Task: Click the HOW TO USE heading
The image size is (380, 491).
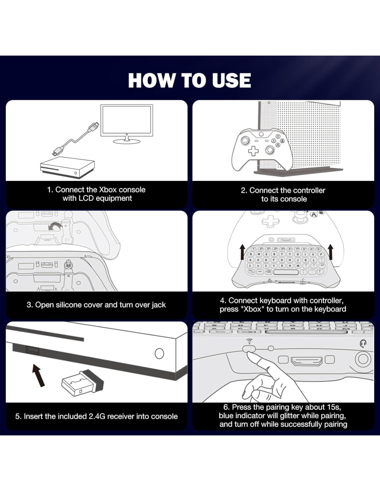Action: [x=189, y=80]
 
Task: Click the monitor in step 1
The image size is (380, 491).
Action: [x=126, y=124]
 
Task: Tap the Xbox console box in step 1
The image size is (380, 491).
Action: [x=67, y=167]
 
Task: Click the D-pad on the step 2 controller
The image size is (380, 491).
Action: [x=253, y=151]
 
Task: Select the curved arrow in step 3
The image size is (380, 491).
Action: [x=55, y=226]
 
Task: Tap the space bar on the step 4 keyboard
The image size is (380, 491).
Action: [x=286, y=272]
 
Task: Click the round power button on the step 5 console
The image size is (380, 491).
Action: [x=159, y=353]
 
